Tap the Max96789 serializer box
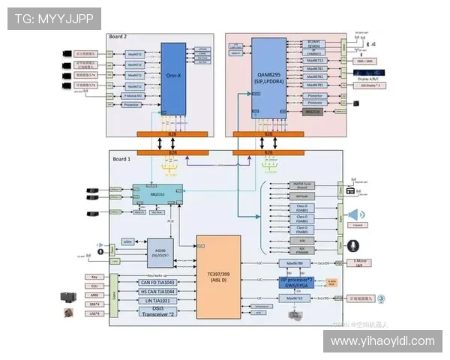click(294, 263)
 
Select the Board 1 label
click(122, 159)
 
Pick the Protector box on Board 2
click(133, 105)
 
